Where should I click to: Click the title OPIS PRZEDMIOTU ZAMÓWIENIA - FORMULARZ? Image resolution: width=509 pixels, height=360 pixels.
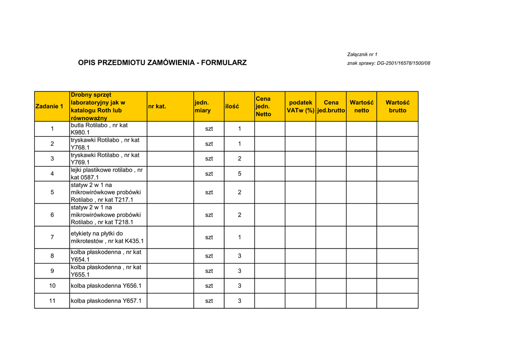pos(162,63)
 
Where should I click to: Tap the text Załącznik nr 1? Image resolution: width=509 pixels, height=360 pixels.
pos(362,54)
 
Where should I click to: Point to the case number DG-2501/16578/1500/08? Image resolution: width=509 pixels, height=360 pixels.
pos(404,64)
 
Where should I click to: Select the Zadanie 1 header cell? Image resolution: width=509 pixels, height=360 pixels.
pos(49,106)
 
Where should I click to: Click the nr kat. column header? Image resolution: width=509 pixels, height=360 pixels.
pos(157,106)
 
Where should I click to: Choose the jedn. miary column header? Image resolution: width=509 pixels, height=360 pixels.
pos(202,106)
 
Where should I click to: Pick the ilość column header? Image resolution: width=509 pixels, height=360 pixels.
pos(232,106)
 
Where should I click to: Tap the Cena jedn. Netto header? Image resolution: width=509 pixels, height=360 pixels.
pos(263,106)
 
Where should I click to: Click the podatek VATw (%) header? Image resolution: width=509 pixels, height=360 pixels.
pos(300,106)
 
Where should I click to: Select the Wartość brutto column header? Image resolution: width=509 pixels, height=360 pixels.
pos(398,106)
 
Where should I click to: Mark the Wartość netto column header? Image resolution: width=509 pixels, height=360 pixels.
pos(361,106)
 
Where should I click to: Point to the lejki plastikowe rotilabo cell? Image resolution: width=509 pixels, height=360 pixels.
pos(106,174)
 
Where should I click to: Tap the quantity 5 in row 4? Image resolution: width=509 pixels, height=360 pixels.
pos(239,174)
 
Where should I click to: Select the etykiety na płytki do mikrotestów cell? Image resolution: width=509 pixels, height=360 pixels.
pos(107,237)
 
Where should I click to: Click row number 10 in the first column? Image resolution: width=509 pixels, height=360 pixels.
pos(52,286)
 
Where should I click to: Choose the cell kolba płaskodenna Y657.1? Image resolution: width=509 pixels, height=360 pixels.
pos(106,301)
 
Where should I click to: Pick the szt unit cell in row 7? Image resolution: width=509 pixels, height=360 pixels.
pos(209,237)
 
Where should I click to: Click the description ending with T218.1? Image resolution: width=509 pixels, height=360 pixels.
pos(106,215)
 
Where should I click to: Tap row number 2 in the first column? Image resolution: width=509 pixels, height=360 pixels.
pos(52,144)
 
